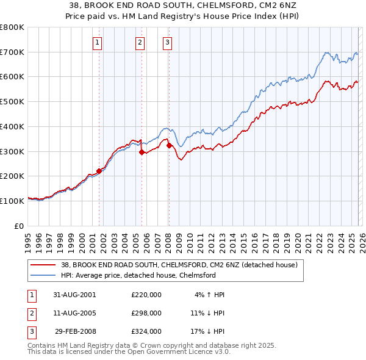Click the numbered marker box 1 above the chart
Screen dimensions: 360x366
click(x=98, y=42)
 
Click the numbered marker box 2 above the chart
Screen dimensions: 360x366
click(x=140, y=42)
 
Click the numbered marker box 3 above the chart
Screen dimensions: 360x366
click(x=167, y=42)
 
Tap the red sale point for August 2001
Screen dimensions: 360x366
click(x=99, y=171)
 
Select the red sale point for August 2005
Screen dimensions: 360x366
click(x=142, y=152)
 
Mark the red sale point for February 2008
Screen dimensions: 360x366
click(x=169, y=145)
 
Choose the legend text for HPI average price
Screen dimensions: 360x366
click(x=138, y=275)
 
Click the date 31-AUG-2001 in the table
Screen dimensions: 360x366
click(x=75, y=295)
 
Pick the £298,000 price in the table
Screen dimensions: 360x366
click(x=146, y=313)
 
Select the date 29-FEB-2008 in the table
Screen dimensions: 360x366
click(x=75, y=331)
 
